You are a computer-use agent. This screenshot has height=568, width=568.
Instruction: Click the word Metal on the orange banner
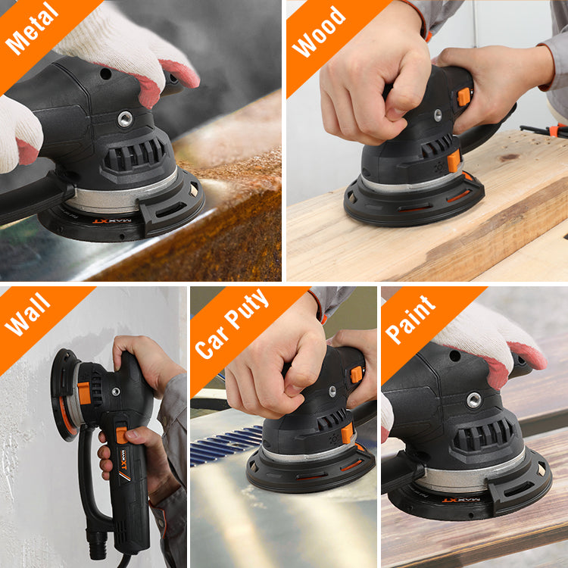point(32,29)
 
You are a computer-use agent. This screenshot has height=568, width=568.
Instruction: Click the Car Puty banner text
point(232,323)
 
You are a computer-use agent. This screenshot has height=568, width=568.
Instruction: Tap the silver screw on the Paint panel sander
point(474,400)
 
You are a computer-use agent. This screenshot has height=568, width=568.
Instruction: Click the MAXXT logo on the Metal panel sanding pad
point(111,222)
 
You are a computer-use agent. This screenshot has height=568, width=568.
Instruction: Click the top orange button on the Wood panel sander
point(463,96)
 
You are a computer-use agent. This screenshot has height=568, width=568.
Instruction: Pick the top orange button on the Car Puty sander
point(356,374)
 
